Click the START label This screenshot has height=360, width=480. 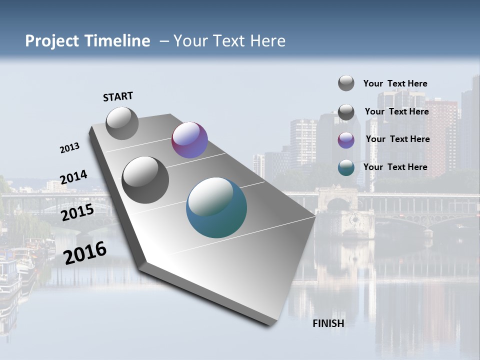[x=118, y=96]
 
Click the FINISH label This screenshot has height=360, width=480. [x=328, y=323]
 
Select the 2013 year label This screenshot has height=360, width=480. [x=69, y=148]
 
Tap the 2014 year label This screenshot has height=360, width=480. [x=73, y=177]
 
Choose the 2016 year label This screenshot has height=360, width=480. [x=85, y=253]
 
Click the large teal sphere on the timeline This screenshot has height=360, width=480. [x=216, y=208]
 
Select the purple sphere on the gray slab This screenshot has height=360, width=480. [x=189, y=140]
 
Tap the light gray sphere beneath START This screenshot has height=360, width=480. [x=122, y=123]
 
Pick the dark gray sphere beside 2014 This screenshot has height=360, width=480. [x=145, y=180]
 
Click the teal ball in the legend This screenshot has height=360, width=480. [x=346, y=167]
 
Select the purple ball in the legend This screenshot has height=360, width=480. [x=346, y=140]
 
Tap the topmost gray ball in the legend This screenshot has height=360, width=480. [x=346, y=83]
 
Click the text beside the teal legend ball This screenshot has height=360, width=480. [x=395, y=167]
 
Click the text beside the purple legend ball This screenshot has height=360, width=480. [x=397, y=139]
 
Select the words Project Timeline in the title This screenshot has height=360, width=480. [x=87, y=41]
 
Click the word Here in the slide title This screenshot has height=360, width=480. [x=267, y=41]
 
